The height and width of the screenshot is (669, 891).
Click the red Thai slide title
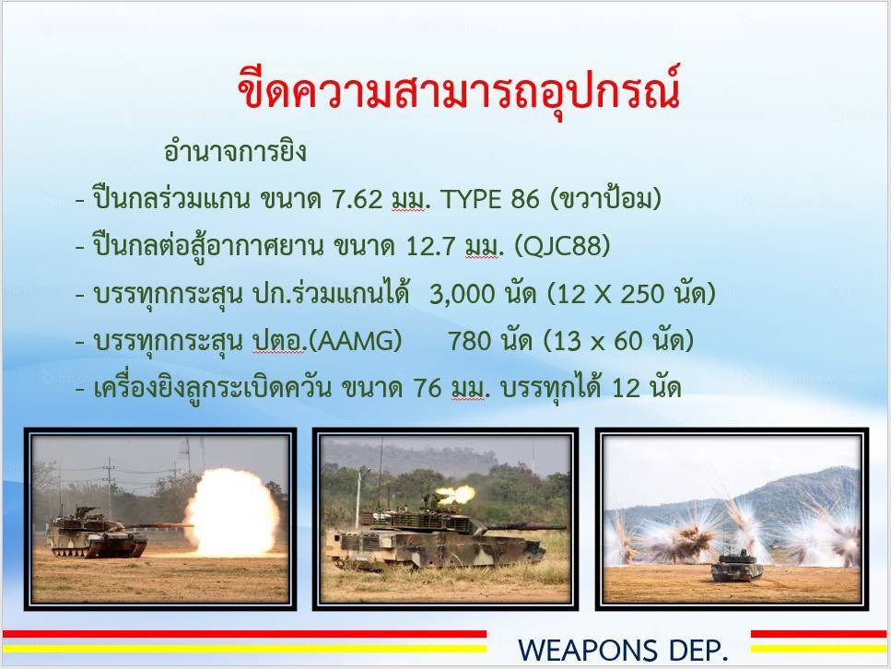[x=459, y=90]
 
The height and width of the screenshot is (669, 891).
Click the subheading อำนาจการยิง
[x=235, y=151]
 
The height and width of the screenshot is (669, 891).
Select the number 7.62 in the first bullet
[x=357, y=199]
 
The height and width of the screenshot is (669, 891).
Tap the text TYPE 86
[x=489, y=199]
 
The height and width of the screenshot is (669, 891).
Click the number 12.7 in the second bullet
[x=430, y=246]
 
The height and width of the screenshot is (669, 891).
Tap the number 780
[x=469, y=341]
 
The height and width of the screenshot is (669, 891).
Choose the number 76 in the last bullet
[x=428, y=388]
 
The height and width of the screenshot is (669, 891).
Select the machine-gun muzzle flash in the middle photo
[x=457, y=494]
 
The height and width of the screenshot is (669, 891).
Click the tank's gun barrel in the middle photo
[x=525, y=527]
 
